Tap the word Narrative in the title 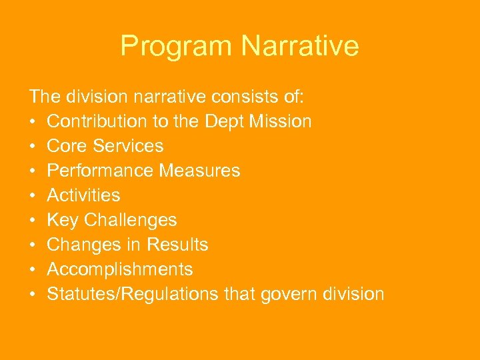(x=300, y=46)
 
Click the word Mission (x=283, y=121)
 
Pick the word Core (x=65, y=146)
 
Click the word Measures (x=200, y=171)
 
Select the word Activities (x=83, y=195)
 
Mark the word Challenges (x=130, y=220)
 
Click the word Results (x=178, y=245)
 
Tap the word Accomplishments (x=120, y=269)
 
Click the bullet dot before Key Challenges (x=33, y=221)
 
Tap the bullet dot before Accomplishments (x=33, y=270)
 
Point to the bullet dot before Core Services (x=33, y=147)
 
